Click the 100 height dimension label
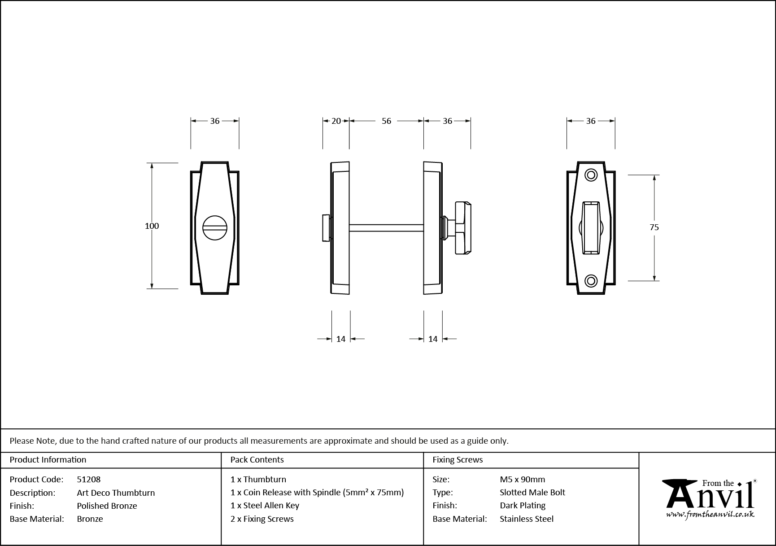(x=152, y=226)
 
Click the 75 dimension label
(x=654, y=227)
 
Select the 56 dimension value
(x=386, y=121)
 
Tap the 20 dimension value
(x=336, y=121)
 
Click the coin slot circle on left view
(x=215, y=228)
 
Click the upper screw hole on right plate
(x=592, y=175)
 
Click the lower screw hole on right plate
(x=592, y=281)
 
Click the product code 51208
(x=89, y=479)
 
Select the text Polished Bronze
(x=107, y=506)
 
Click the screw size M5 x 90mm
(x=522, y=479)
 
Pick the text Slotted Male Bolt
(x=532, y=492)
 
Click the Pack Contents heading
(x=257, y=459)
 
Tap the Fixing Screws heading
(x=458, y=459)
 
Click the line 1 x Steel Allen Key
(x=265, y=505)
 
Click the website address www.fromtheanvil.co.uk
(x=710, y=515)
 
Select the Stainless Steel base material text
(x=527, y=519)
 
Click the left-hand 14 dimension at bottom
(x=341, y=339)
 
